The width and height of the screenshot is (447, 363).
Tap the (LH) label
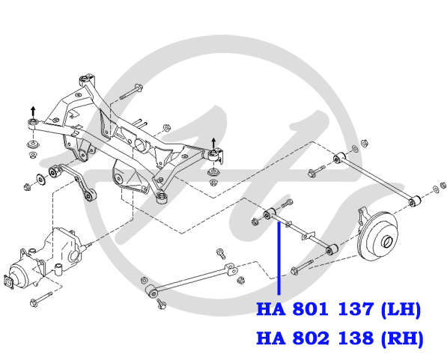pyautogui.click(x=401, y=310)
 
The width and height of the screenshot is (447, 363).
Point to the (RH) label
pyautogui.click(x=402, y=339)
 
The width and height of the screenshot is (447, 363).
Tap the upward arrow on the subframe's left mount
pyautogui.click(x=34, y=112)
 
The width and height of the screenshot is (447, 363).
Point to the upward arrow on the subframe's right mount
pyautogui.click(x=213, y=144)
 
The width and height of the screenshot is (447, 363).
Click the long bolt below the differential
pyautogui.click(x=41, y=298)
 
